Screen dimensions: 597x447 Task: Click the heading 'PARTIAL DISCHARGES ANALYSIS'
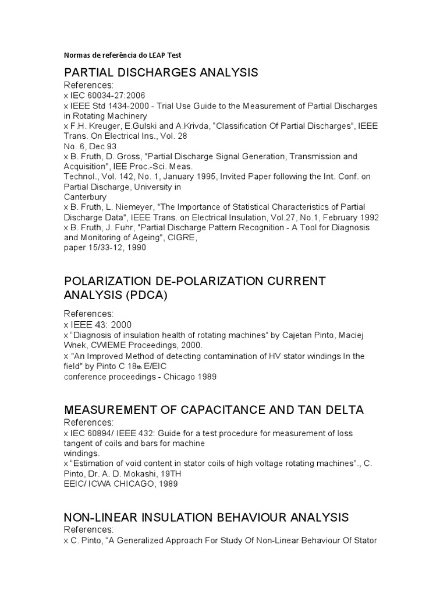[161, 73]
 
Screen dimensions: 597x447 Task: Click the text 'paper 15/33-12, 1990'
[104, 247]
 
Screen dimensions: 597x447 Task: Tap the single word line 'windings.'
[82, 453]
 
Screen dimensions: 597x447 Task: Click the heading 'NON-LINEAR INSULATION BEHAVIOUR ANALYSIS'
[206, 517]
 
